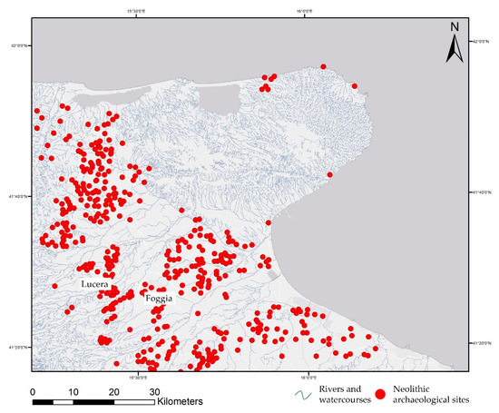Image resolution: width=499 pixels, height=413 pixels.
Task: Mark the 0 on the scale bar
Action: pyautogui.click(x=33, y=390)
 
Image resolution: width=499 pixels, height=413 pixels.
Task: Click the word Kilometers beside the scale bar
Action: pyautogui.click(x=190, y=400)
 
